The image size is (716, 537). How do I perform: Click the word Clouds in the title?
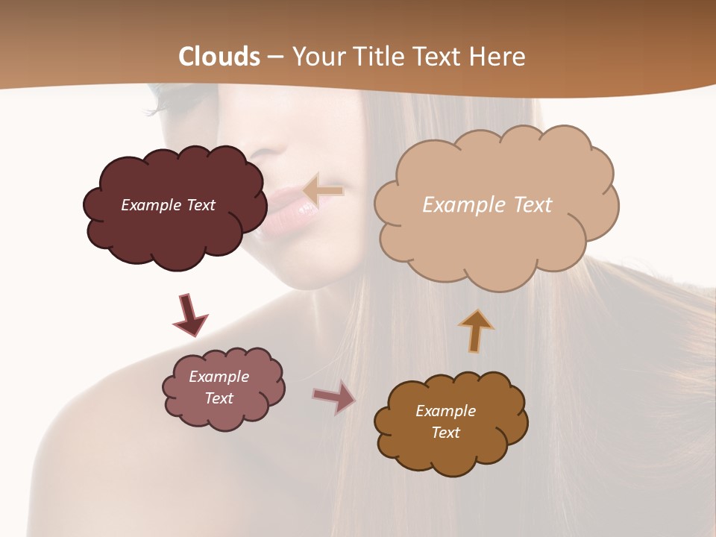pyautogui.click(x=219, y=57)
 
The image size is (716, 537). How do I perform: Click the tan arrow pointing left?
pyautogui.click(x=324, y=191)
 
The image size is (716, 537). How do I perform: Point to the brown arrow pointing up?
pyautogui.click(x=475, y=330)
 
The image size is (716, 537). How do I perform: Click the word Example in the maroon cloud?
pyautogui.click(x=149, y=205)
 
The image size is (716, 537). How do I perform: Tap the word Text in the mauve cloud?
pyautogui.click(x=219, y=398)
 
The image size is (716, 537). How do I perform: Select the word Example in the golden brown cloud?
pyautogui.click(x=445, y=411)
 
